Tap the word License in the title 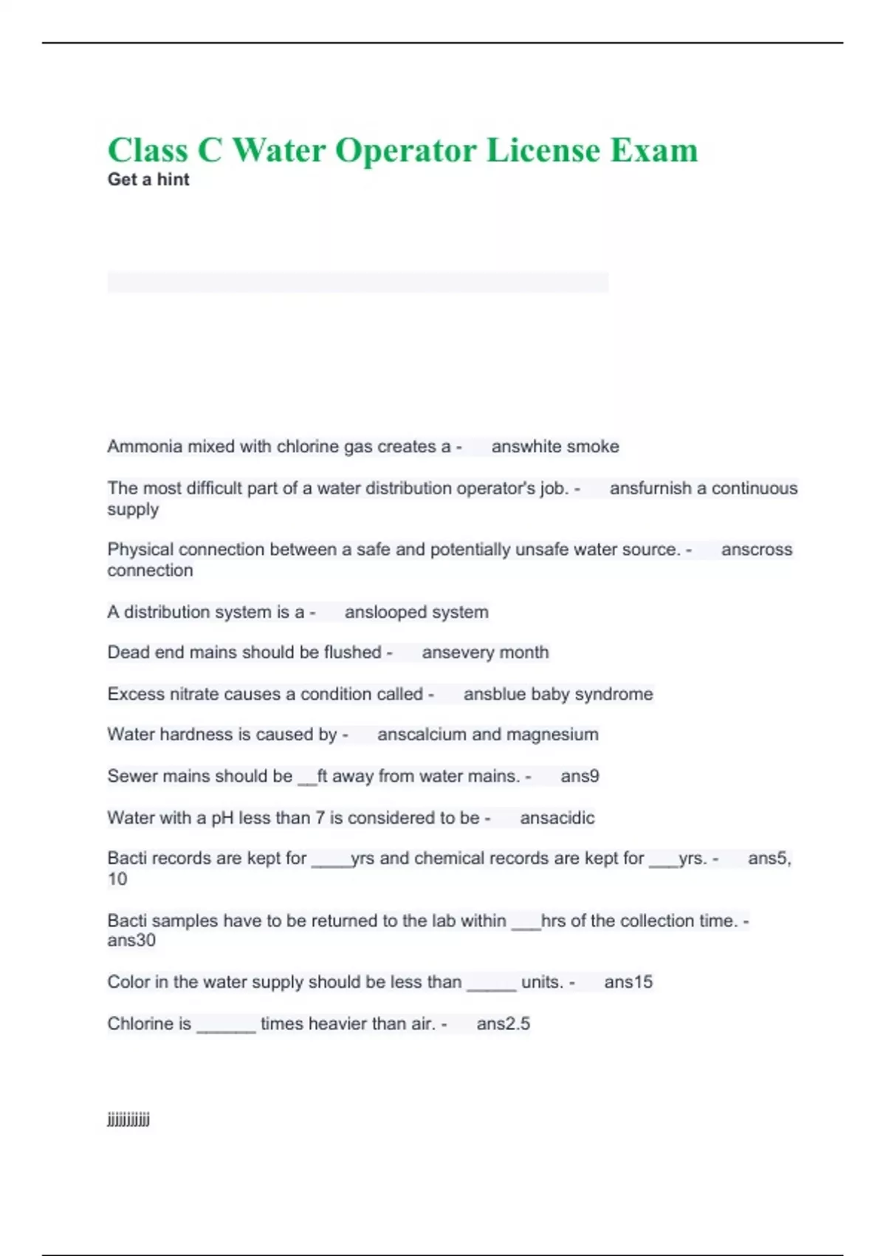pyautogui.click(x=543, y=150)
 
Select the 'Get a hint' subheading pyautogui.click(x=148, y=180)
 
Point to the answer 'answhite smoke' pyautogui.click(x=555, y=446)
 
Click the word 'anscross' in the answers pyautogui.click(x=757, y=550)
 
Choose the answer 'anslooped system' pyautogui.click(x=416, y=612)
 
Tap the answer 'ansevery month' pyautogui.click(x=485, y=652)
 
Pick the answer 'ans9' pyautogui.click(x=580, y=776)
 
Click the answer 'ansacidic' pyautogui.click(x=557, y=818)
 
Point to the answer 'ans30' pyautogui.click(x=131, y=941)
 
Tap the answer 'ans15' pyautogui.click(x=628, y=982)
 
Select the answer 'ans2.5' pyautogui.click(x=504, y=1023)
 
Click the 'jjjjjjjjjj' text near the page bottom pyautogui.click(x=128, y=1120)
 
